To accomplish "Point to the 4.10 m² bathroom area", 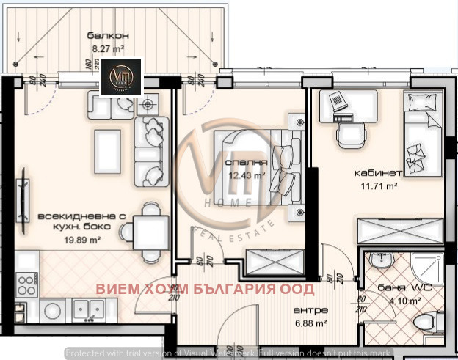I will pos(404,300).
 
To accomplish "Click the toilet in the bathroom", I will pos(425,322).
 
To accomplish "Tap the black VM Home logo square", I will pos(120,78).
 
